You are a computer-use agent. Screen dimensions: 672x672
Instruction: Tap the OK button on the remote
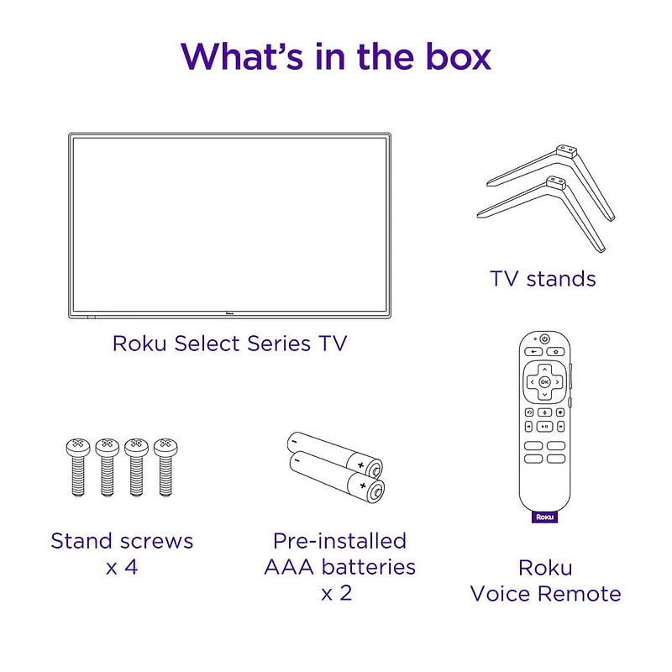click(544, 381)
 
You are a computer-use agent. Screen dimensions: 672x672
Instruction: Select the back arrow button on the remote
click(532, 352)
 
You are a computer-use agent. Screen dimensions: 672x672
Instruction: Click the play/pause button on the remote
click(558, 426)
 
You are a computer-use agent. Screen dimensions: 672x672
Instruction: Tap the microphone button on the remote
click(544, 412)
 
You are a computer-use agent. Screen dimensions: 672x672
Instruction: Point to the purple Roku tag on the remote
click(544, 517)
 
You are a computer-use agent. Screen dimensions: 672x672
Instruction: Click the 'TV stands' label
click(543, 278)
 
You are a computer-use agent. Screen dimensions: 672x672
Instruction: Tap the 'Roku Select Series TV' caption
click(229, 343)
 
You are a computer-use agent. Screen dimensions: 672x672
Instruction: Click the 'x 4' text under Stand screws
click(122, 566)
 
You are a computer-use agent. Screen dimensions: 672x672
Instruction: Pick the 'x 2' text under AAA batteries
click(336, 592)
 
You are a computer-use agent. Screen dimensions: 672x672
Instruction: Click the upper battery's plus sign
click(362, 465)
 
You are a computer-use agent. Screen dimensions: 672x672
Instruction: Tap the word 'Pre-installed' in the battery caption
click(339, 540)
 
